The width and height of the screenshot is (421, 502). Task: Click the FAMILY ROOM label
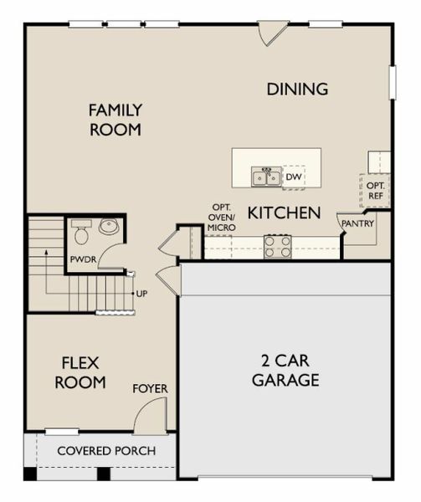click(x=116, y=120)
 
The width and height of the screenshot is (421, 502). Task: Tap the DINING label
click(x=297, y=89)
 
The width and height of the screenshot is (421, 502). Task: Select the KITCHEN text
click(x=284, y=213)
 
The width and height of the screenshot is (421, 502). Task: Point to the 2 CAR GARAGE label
click(x=285, y=371)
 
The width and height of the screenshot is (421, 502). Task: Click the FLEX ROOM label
click(x=80, y=373)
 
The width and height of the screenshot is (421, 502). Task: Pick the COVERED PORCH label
click(x=105, y=451)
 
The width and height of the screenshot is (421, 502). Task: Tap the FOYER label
click(x=150, y=389)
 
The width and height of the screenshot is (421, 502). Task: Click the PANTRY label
click(x=357, y=223)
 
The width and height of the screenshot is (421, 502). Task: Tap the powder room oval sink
click(x=109, y=226)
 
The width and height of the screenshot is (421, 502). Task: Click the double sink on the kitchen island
click(x=267, y=177)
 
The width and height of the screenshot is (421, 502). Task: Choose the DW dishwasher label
click(x=293, y=177)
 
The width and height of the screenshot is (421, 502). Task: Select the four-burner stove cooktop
click(x=278, y=246)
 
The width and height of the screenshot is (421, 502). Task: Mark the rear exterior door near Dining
click(x=273, y=33)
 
